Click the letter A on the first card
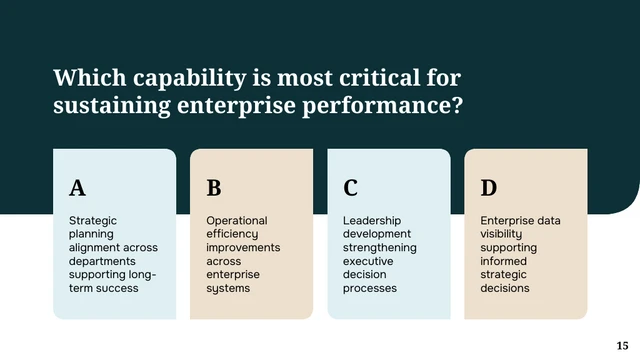coord(78,188)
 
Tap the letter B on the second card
coord(214,188)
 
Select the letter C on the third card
coord(351,188)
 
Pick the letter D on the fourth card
coord(489,188)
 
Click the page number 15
coord(622,346)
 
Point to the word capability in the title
coord(190,78)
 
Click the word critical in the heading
coord(380,78)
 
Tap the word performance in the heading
coord(382,106)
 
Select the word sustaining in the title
coord(112,106)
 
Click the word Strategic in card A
coord(93,221)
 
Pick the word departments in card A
coord(102,262)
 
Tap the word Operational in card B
coord(237,221)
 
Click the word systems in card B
coord(228,289)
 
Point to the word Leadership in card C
coord(372,221)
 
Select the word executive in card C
coord(368,261)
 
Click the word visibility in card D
coord(501,234)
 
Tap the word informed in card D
coord(504,261)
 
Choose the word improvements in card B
coord(243,248)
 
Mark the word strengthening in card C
coord(380,248)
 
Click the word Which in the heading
coord(90,78)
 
